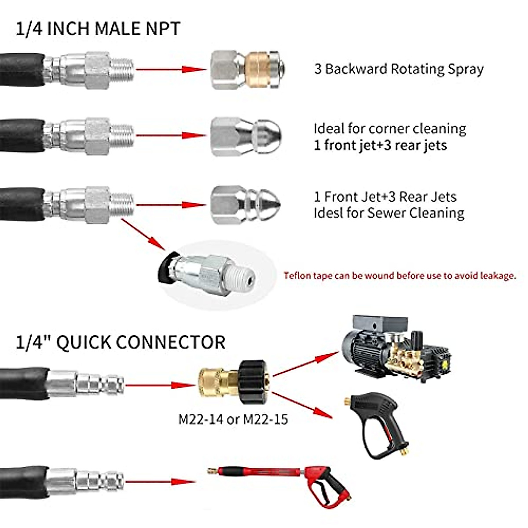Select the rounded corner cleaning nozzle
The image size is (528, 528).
(x=246, y=136)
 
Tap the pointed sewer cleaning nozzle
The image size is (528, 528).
(x=246, y=205)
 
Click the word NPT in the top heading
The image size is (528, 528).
(x=163, y=29)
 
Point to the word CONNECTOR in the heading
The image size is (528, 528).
(x=171, y=342)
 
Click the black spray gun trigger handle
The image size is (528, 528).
(x=376, y=428)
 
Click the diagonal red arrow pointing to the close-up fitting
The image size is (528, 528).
(x=143, y=235)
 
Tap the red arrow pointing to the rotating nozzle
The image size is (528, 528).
(x=171, y=70)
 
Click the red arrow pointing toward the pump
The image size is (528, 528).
(x=306, y=364)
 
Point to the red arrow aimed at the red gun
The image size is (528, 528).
(x=161, y=482)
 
